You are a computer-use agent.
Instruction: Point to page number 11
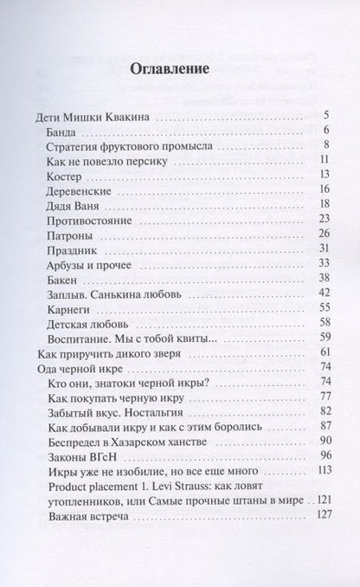(x=325, y=161)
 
